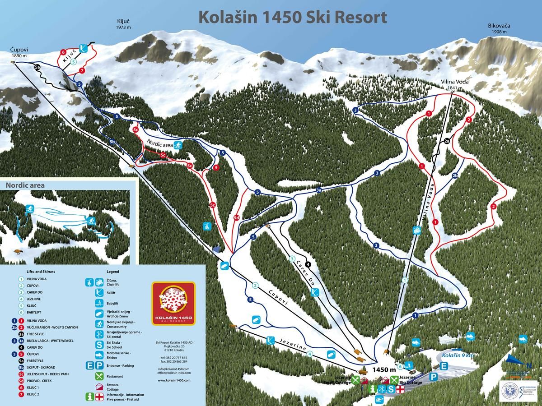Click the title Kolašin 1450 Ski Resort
click(x=293, y=17)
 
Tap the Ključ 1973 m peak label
click(x=123, y=24)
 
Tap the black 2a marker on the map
click(x=447, y=141)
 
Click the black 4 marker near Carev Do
click(x=308, y=264)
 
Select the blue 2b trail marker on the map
click(x=455, y=176)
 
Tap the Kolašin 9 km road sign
click(x=458, y=356)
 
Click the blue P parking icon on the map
click(x=434, y=377)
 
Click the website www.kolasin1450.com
click(x=174, y=380)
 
